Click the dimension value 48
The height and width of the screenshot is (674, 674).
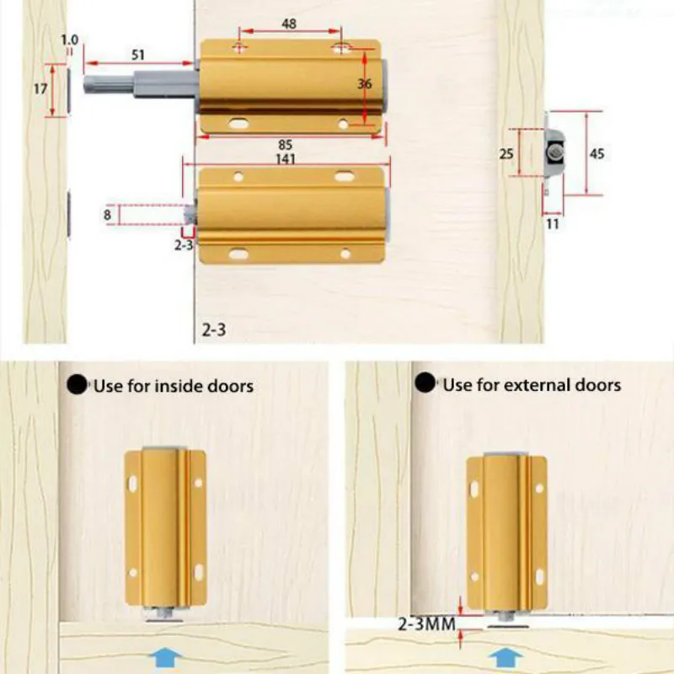289,25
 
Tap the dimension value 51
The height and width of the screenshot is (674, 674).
138,56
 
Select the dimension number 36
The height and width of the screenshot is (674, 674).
364,84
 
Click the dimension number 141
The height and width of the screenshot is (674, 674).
285,159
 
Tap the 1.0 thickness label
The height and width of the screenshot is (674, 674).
69,40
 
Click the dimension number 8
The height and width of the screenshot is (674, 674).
108,215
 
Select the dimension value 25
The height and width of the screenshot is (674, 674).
505,153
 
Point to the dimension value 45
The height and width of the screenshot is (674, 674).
596,153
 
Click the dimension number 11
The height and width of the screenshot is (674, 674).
553,225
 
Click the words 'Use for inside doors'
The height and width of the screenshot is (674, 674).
173,386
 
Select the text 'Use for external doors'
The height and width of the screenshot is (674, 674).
532,385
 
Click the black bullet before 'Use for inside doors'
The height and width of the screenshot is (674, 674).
78,385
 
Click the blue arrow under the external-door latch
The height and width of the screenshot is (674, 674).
504,655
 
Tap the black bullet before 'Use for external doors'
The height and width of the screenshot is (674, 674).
426,384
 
